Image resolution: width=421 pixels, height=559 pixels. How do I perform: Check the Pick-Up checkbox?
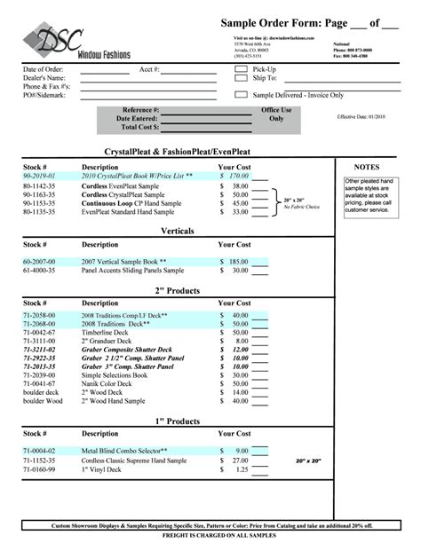(241, 68)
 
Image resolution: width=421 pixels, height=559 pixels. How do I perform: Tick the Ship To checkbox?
(241, 78)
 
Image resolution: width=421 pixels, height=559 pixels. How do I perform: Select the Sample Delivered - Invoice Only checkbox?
(241, 94)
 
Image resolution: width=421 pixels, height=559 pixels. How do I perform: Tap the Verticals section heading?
(178, 231)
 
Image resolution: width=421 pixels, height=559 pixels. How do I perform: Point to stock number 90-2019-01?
(39, 177)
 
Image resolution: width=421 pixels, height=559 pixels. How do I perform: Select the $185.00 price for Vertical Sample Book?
(234, 262)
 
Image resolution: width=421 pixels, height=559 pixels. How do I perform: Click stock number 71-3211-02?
(41, 350)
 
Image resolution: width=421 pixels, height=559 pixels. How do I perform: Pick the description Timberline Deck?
(107, 332)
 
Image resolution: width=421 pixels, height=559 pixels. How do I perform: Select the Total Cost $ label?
(138, 127)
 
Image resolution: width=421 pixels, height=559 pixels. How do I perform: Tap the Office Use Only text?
(275, 114)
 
